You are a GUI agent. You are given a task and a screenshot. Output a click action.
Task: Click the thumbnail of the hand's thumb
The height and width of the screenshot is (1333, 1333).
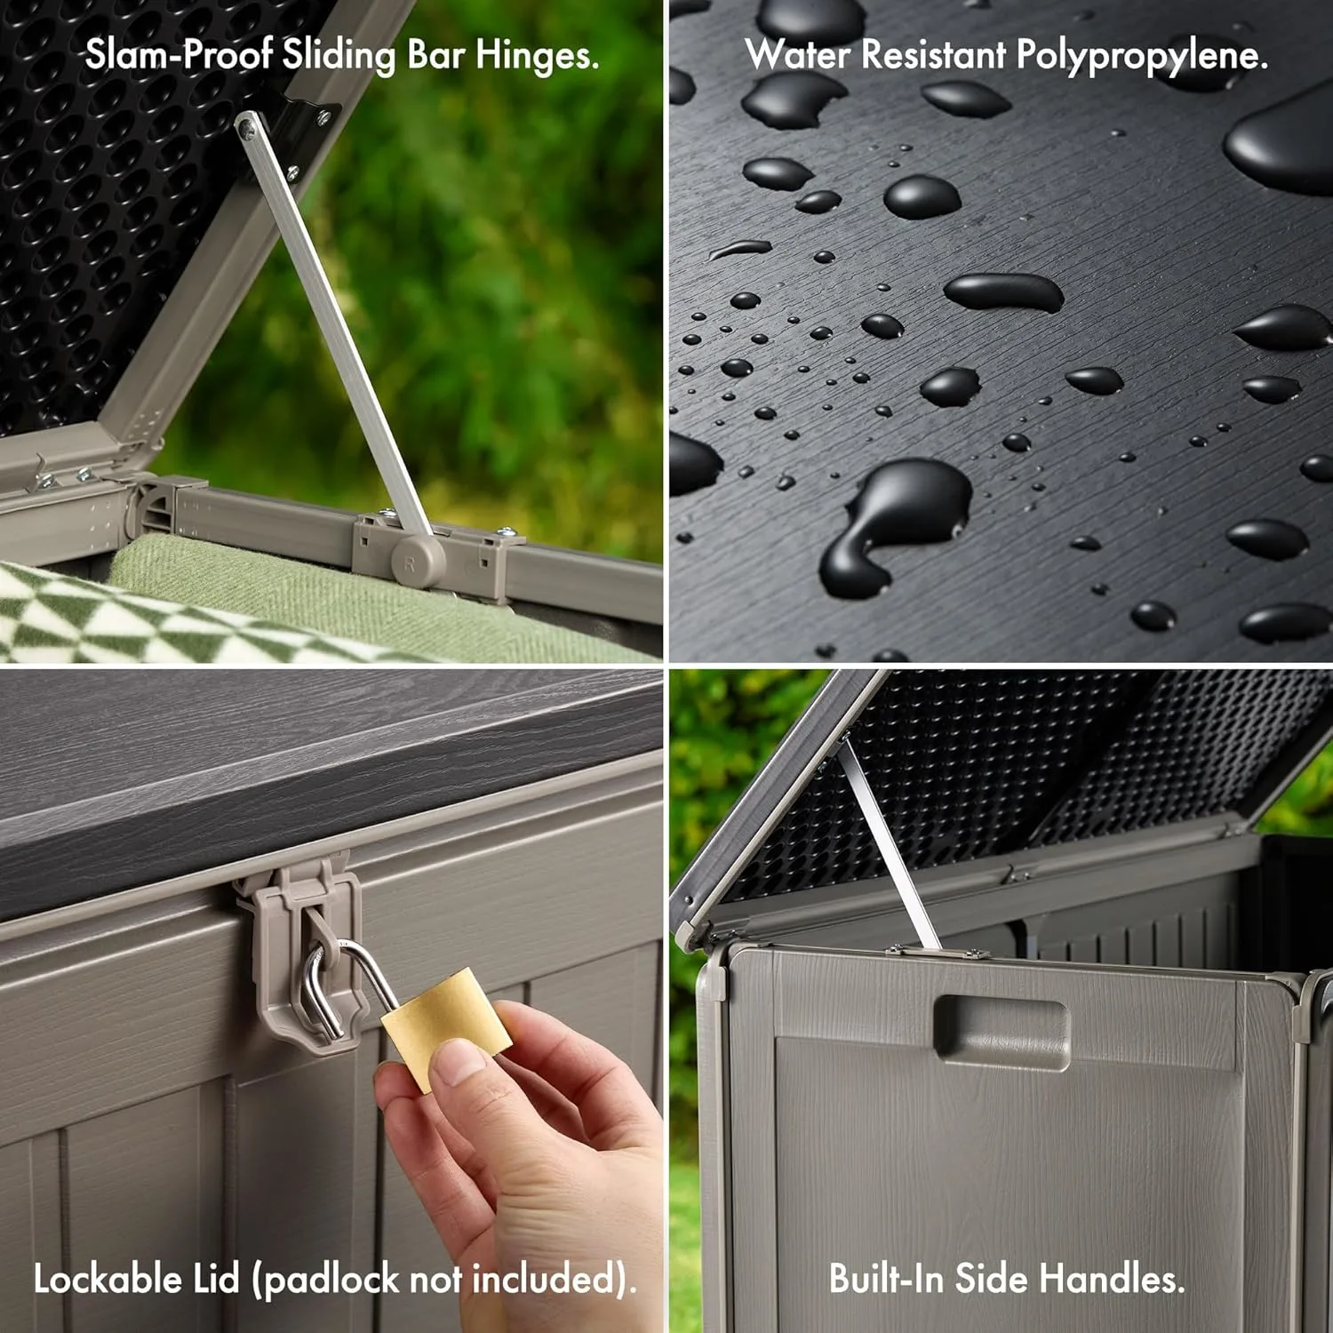pyautogui.click(x=459, y=1063)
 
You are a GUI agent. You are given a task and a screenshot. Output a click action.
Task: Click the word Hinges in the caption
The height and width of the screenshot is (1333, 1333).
pyautogui.click(x=537, y=57)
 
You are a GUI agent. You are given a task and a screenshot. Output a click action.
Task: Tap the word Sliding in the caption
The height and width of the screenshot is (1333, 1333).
pyautogui.click(x=339, y=57)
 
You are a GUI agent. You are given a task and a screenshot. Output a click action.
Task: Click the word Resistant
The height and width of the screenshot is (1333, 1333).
pyautogui.click(x=933, y=57)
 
